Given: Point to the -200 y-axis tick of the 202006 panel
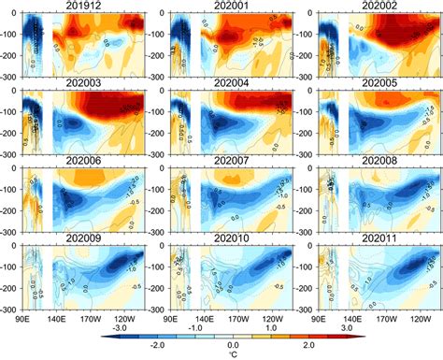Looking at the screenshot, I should point(12,211).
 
